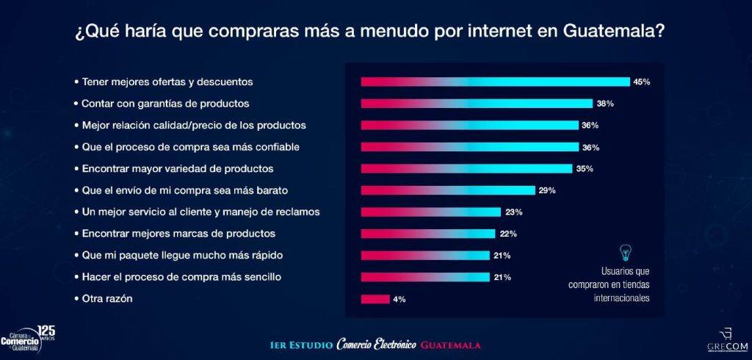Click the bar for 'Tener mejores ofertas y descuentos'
tap(495, 82)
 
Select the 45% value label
tap(642, 82)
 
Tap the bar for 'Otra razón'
tap(375, 299)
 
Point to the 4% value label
tap(399, 300)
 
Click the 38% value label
tap(605, 104)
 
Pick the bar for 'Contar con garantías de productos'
tap(477, 104)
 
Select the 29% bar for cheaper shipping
tap(447, 190)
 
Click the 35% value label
tap(585, 169)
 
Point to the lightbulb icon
tap(626, 251)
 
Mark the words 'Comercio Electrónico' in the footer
tap(376, 345)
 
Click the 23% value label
tap(513, 212)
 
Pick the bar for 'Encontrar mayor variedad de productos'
tap(466, 169)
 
